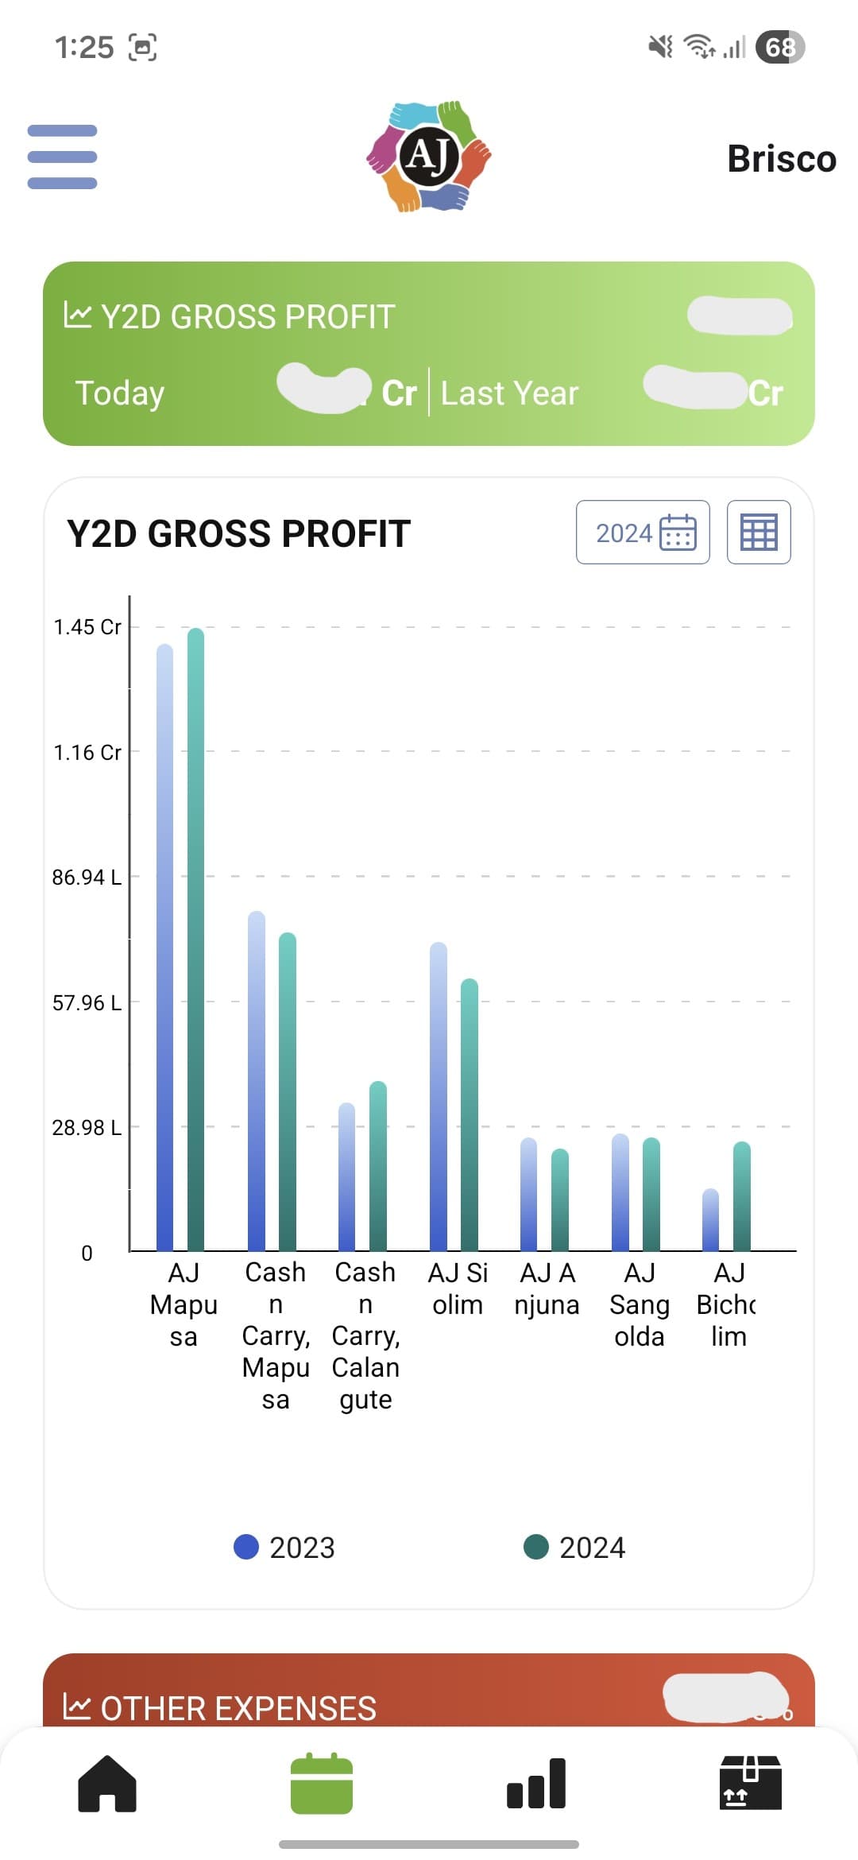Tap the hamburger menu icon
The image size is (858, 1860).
(62, 157)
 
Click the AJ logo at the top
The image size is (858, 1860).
(429, 157)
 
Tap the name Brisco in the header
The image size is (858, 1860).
(782, 159)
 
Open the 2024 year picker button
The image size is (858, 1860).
(643, 533)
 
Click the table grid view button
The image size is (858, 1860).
(759, 533)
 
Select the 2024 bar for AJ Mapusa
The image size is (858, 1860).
(195, 938)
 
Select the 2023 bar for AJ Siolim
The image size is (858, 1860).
(439, 1097)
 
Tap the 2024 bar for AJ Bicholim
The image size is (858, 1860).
(742, 1196)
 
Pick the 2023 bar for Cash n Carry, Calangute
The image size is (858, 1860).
(347, 1176)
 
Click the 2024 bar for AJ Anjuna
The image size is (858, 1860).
(560, 1200)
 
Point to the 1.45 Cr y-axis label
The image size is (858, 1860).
(87, 627)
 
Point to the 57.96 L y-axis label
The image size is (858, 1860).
(87, 1003)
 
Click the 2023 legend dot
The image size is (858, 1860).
(246, 1547)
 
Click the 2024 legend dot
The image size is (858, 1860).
(536, 1547)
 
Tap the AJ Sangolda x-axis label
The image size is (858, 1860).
(640, 1304)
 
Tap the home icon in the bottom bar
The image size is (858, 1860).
(107, 1784)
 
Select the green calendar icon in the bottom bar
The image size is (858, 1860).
(322, 1784)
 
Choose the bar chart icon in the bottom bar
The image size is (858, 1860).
(536, 1784)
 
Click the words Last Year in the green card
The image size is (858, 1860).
(509, 393)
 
